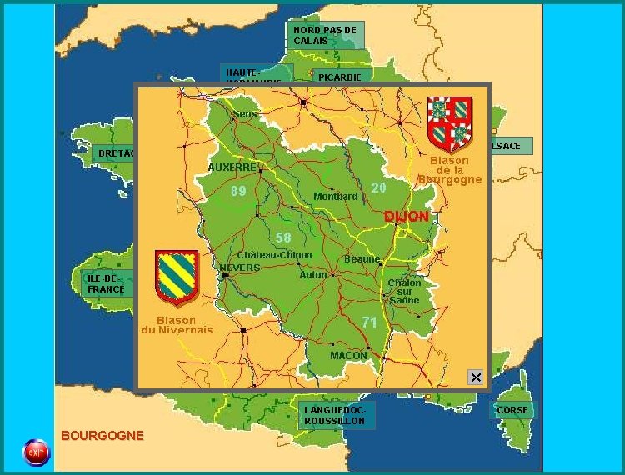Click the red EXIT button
(36, 452)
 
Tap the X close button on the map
(476, 377)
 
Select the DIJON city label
(407, 217)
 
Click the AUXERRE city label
(232, 167)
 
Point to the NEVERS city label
(240, 268)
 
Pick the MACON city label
(348, 356)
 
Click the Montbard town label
(335, 197)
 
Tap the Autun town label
(313, 274)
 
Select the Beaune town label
(362, 259)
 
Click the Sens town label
(245, 113)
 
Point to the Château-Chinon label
(275, 255)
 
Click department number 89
(238, 191)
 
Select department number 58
(283, 237)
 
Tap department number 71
(370, 322)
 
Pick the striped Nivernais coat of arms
(177, 277)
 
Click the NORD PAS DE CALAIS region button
(327, 35)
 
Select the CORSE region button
(512, 410)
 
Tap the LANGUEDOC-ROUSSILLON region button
(336, 416)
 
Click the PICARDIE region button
(340, 77)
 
